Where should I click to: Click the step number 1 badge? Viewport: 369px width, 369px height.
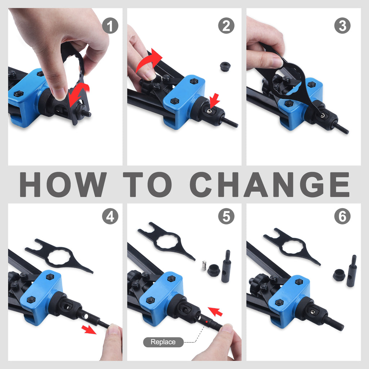pyautogui.click(x=110, y=26)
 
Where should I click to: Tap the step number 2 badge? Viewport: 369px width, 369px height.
pyautogui.click(x=226, y=26)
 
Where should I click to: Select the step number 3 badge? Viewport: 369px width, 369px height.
pyautogui.click(x=342, y=26)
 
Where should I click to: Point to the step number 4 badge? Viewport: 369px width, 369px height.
pyautogui.click(x=110, y=216)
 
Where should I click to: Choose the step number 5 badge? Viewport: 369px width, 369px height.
pyautogui.click(x=226, y=216)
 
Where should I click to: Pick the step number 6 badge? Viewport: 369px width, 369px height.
pyautogui.click(x=342, y=216)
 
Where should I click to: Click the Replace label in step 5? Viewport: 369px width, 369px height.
pyautogui.click(x=163, y=342)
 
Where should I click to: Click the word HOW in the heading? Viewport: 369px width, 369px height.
pyautogui.click(x=63, y=184)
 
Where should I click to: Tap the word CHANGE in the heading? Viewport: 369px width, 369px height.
pyautogui.click(x=270, y=184)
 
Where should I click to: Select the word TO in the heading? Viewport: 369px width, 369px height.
pyautogui.click(x=147, y=184)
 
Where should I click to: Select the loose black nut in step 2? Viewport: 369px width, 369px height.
pyautogui.click(x=225, y=66)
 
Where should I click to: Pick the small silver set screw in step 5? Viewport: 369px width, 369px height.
pyautogui.click(x=204, y=266)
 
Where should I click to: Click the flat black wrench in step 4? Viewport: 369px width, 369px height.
pyautogui.click(x=59, y=257)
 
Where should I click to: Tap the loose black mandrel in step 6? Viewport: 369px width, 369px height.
pyautogui.click(x=352, y=271)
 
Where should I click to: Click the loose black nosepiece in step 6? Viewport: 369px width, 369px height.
pyautogui.click(x=339, y=275)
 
